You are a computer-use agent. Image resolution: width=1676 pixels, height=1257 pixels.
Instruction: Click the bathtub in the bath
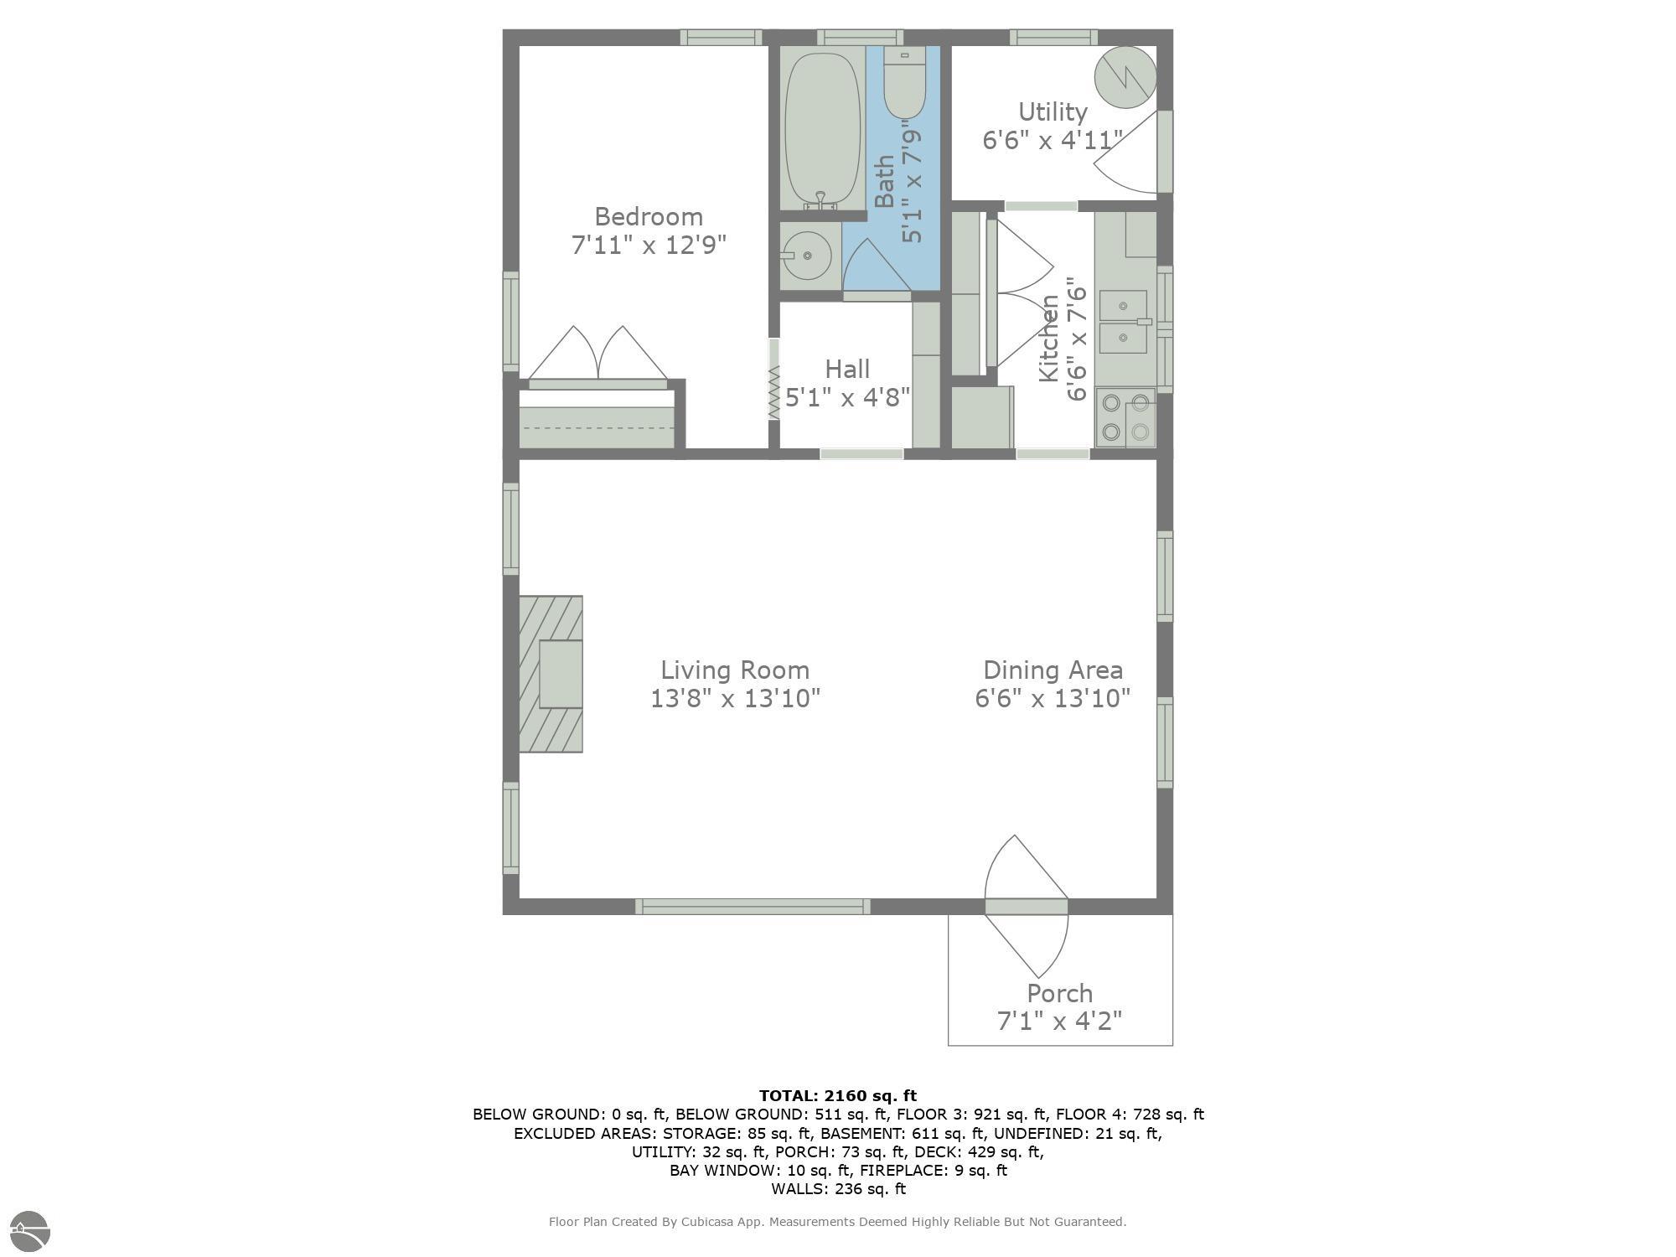click(823, 127)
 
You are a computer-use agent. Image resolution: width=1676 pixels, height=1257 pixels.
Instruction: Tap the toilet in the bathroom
click(904, 83)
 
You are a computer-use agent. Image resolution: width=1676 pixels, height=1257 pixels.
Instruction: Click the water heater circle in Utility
click(1126, 76)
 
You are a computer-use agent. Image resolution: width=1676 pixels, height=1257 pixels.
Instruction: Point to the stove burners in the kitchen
click(1125, 417)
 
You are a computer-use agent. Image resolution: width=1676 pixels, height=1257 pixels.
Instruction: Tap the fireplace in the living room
click(551, 674)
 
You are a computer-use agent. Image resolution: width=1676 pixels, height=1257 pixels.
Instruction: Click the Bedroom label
click(649, 217)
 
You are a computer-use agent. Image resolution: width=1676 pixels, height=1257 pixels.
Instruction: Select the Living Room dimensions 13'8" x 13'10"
click(735, 698)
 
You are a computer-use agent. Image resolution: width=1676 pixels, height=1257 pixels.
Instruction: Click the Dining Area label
click(1053, 670)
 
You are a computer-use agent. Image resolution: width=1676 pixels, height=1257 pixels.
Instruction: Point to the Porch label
click(1060, 994)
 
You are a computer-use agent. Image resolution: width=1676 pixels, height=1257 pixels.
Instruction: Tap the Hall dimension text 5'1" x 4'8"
click(847, 397)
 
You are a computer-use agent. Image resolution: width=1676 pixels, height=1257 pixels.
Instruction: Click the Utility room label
click(1053, 112)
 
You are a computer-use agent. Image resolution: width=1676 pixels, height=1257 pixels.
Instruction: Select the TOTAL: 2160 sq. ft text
click(838, 1095)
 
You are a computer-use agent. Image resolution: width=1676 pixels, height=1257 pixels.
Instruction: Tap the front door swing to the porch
click(1027, 906)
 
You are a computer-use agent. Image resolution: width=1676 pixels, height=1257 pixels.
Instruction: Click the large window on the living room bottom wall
click(753, 906)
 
